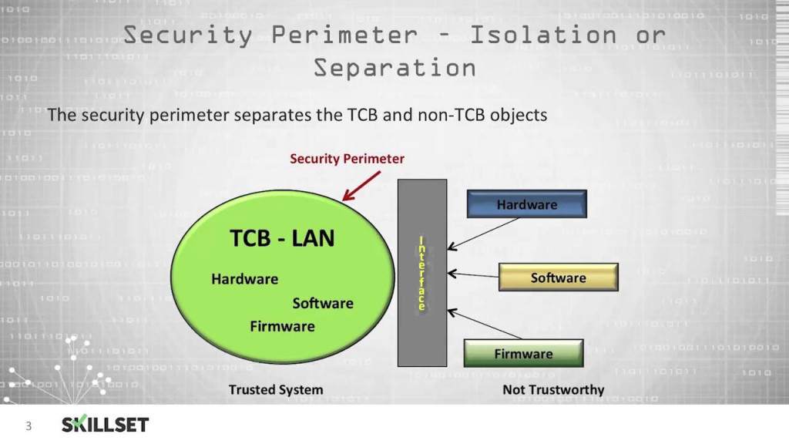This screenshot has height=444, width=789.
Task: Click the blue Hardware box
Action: coord(527,204)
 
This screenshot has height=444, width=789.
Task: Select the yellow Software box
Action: coord(559,277)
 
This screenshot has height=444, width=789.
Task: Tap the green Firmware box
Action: coord(523,353)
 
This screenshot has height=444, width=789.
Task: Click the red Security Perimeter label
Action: coord(347,159)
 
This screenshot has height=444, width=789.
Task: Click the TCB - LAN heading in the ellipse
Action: coord(283,238)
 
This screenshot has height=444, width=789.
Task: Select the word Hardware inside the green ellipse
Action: coord(245,278)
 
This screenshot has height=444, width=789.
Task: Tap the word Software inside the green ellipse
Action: coord(323,303)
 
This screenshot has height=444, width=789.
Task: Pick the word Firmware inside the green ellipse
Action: coord(282,326)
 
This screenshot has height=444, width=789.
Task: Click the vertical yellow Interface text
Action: coord(421,274)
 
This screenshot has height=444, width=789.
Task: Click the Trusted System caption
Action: coord(276,389)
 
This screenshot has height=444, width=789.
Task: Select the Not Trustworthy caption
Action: coord(553,389)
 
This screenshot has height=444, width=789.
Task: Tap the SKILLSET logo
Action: coord(105,425)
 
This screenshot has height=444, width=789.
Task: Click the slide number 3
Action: coord(29,425)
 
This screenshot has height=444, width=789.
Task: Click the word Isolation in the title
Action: coord(543,35)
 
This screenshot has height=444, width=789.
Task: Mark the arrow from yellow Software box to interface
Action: coord(472,274)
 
